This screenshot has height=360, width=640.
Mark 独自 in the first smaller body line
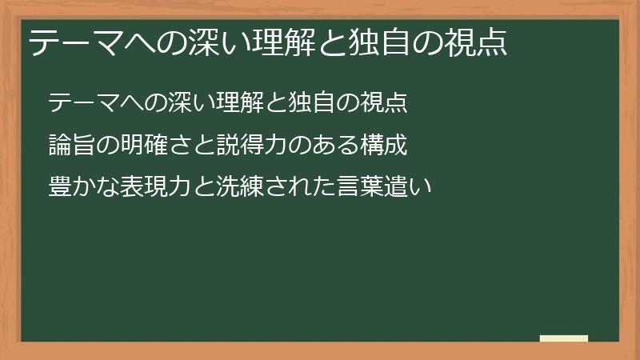click(318, 102)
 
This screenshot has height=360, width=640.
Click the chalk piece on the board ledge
click(564, 338)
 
